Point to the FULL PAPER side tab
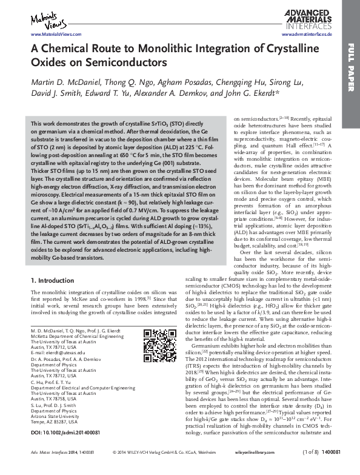click(351, 73)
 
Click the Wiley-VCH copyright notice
click(175, 470)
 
